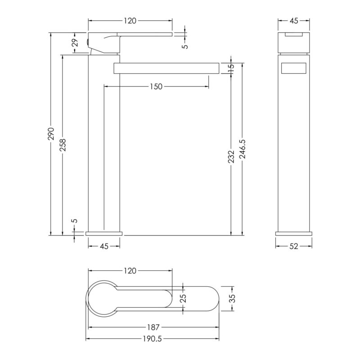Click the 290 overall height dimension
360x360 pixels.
click(x=51, y=134)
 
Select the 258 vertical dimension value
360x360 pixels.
click(x=63, y=144)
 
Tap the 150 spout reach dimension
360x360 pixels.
click(x=156, y=87)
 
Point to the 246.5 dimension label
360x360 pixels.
click(x=243, y=149)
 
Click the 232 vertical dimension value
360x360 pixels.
click(x=231, y=157)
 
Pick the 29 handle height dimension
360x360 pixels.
click(x=75, y=42)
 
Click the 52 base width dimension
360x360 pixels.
click(x=294, y=246)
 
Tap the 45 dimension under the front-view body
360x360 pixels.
click(x=104, y=246)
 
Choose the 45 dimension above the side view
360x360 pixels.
click(x=294, y=21)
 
